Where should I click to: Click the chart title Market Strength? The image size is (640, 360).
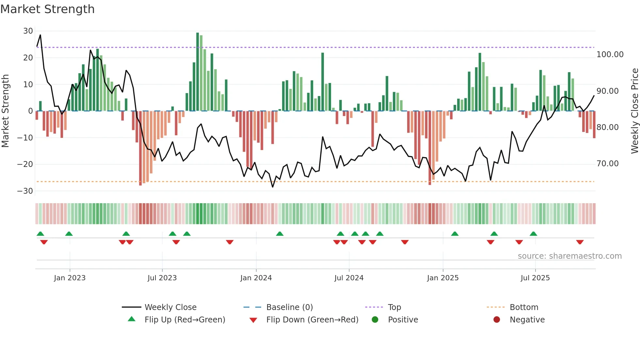point(47,9)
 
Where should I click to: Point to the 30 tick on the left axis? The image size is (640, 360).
point(28,31)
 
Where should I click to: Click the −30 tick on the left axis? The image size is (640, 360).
point(25,191)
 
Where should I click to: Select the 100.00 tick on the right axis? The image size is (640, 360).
point(610,55)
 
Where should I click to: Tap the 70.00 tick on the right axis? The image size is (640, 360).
point(607,164)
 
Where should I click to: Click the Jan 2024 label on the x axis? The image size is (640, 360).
point(256,278)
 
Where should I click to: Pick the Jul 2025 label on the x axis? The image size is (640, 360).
point(535,278)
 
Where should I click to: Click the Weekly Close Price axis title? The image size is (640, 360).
point(634,111)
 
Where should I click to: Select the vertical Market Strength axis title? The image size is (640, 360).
point(5,111)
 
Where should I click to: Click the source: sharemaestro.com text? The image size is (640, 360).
point(569,256)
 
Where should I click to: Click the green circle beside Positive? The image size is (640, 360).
point(375,320)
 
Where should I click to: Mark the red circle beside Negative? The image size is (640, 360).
point(497,320)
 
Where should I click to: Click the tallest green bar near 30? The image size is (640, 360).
point(198,72)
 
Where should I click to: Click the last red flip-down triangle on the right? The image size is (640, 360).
point(580,242)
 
